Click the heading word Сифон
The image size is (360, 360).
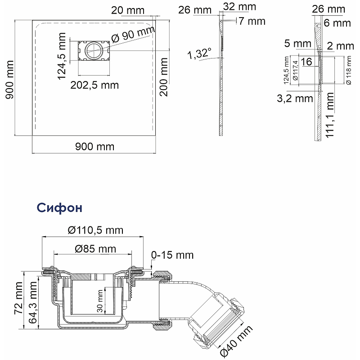59,208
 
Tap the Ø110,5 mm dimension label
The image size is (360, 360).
95,230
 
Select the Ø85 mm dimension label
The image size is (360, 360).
95,249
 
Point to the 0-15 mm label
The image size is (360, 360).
172,255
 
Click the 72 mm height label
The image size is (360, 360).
18,298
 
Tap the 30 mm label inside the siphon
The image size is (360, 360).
100,301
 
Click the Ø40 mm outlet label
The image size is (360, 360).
237,340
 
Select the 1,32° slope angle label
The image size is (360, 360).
199,54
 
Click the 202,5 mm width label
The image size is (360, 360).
94,85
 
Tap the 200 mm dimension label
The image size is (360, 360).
164,77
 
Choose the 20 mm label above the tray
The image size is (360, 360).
128,10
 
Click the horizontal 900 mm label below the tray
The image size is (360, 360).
95,147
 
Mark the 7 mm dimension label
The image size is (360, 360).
252,21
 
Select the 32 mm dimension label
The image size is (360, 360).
239,7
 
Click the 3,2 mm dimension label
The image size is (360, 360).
295,99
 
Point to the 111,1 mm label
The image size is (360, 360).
330,115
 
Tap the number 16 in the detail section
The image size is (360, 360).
306,62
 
